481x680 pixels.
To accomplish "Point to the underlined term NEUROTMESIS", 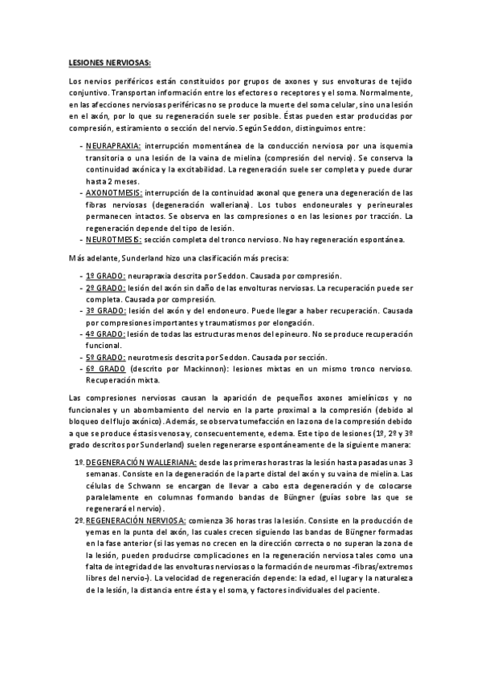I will pos(115,238).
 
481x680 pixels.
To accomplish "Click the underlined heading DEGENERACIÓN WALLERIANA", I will pos(137,463).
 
